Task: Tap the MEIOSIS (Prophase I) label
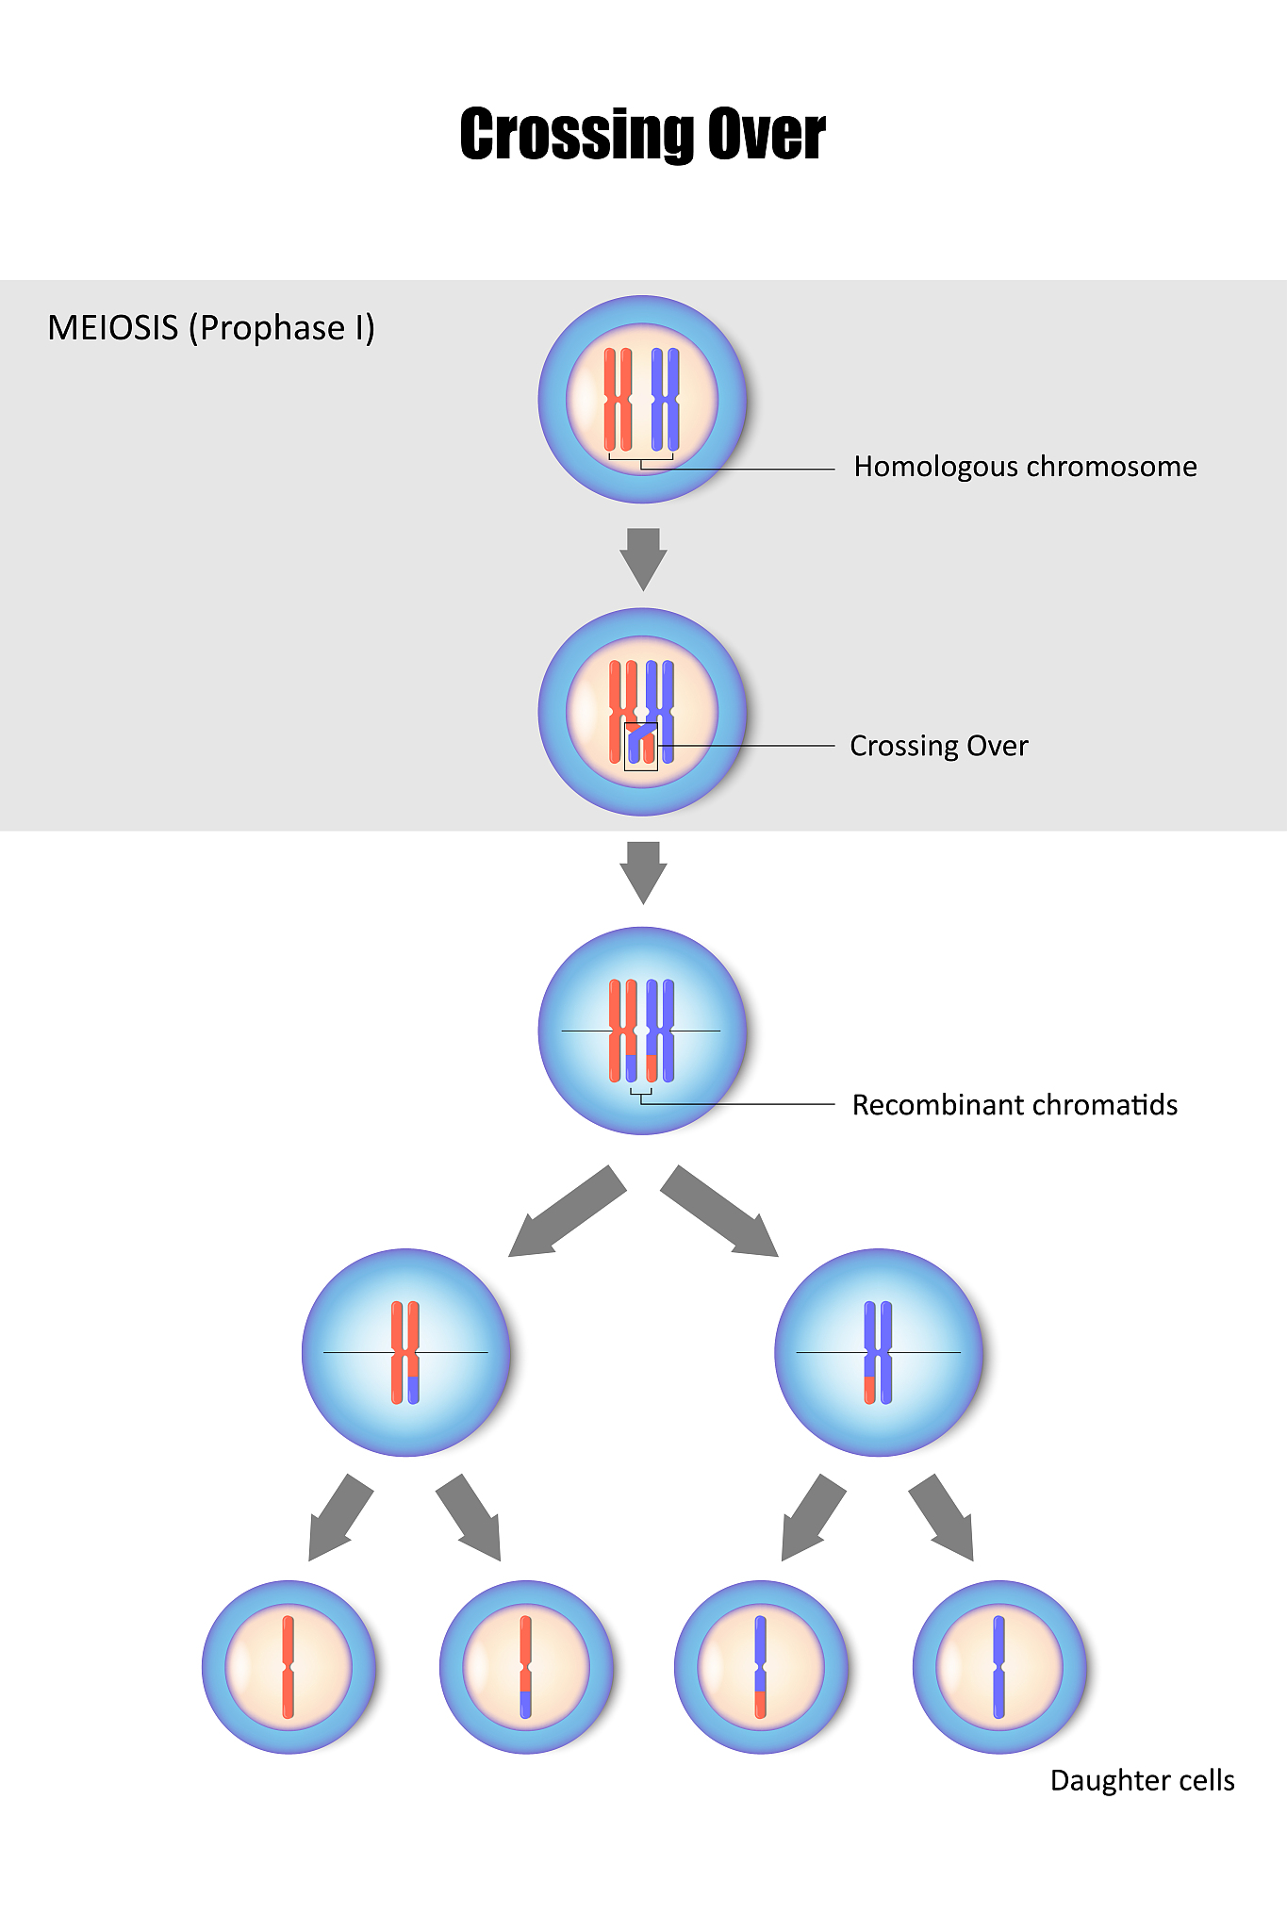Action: pyautogui.click(x=211, y=328)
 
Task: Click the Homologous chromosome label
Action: pyautogui.click(x=1025, y=467)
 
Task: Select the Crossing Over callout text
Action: pyautogui.click(x=938, y=746)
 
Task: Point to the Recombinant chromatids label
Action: pyautogui.click(x=1015, y=1105)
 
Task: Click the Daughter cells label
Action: pyautogui.click(x=1142, y=1780)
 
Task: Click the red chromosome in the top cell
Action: pyautogui.click(x=619, y=400)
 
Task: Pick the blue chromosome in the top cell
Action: pyautogui.click(x=666, y=400)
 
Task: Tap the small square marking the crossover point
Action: pyautogui.click(x=641, y=747)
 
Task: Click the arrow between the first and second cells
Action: pyautogui.click(x=643, y=558)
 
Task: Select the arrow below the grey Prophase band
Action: pyautogui.click(x=643, y=871)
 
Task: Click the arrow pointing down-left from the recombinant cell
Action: pyautogui.click(x=566, y=1213)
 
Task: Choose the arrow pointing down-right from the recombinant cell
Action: pyautogui.click(x=720, y=1213)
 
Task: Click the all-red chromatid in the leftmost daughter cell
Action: pyautogui.click(x=289, y=1667)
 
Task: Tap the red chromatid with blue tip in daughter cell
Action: pyautogui.click(x=526, y=1667)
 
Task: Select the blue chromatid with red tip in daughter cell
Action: pyautogui.click(x=761, y=1667)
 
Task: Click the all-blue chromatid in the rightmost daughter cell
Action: pyautogui.click(x=999, y=1667)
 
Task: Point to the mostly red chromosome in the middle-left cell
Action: pyautogui.click(x=405, y=1352)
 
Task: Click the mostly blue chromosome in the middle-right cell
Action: pyautogui.click(x=878, y=1352)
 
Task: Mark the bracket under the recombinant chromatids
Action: pyautogui.click(x=641, y=1094)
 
